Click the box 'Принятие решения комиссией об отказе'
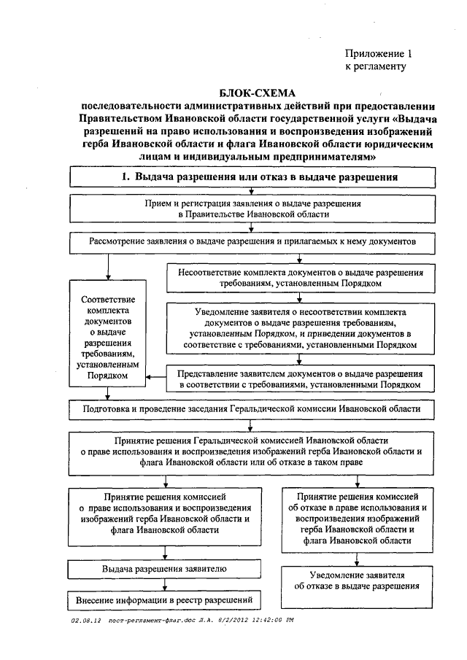click(357, 519)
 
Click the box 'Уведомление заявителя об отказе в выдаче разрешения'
click(357, 581)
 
